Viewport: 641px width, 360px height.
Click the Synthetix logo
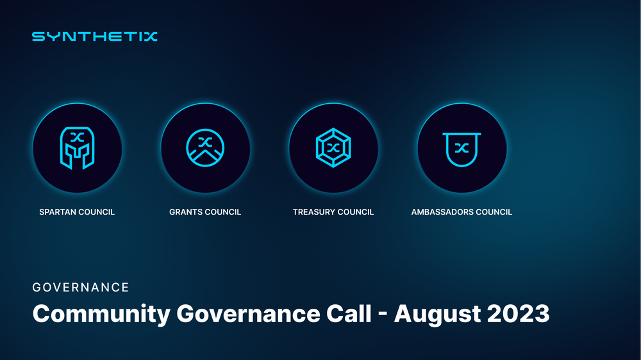click(94, 37)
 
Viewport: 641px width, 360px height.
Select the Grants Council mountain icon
click(205, 147)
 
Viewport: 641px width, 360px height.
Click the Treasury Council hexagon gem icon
click(333, 147)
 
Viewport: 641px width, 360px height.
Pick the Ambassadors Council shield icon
click(462, 147)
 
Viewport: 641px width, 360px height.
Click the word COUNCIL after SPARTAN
click(96, 212)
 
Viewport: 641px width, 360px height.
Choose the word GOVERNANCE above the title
click(81, 288)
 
